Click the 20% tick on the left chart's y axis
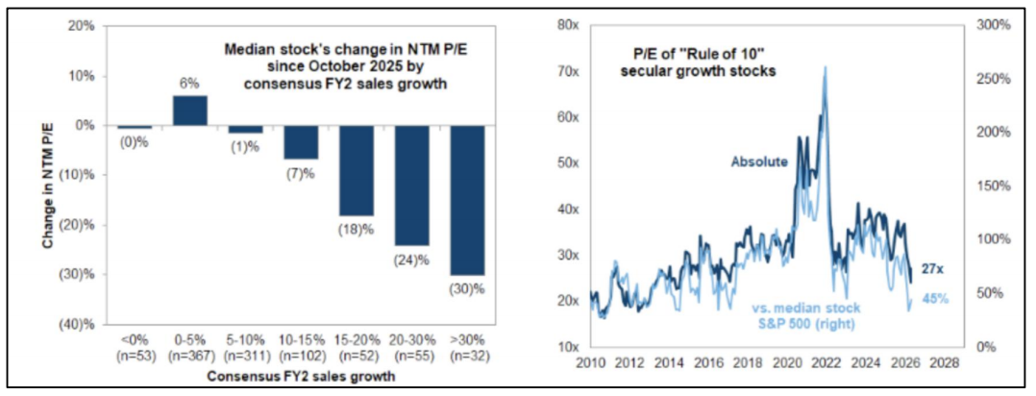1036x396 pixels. point(81,26)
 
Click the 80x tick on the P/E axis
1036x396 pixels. point(565,26)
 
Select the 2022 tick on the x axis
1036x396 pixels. point(825,363)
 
